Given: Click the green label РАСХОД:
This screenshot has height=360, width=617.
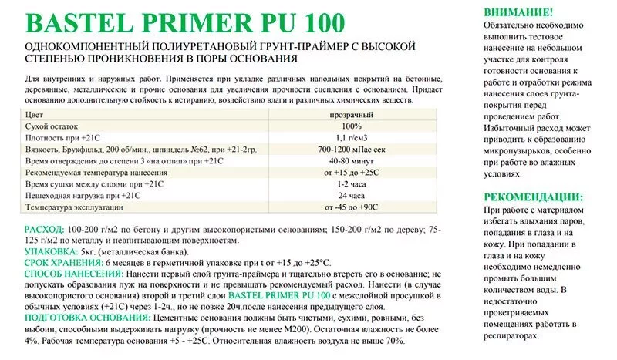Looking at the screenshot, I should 45,230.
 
